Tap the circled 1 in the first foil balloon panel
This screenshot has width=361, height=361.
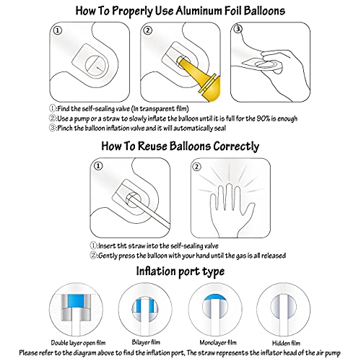click(57, 30)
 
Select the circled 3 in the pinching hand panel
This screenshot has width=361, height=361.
click(238, 29)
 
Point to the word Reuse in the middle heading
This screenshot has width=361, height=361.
click(152, 146)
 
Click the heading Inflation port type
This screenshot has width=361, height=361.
click(180, 271)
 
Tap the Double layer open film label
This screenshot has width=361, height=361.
click(78, 343)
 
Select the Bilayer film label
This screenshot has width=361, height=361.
click(146, 342)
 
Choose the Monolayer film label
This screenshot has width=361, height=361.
click(218, 342)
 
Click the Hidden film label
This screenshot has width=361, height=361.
click(286, 343)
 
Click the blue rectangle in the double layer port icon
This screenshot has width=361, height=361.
click(76, 301)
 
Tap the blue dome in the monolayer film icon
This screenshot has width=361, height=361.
click(215, 297)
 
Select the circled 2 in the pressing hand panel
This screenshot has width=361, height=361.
click(196, 167)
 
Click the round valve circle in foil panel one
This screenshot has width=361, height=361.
click(96, 66)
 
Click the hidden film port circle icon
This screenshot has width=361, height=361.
click(283, 309)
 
